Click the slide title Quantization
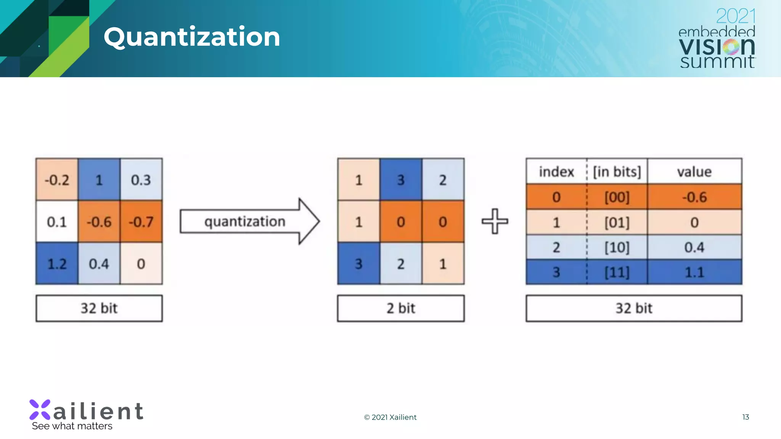point(192,37)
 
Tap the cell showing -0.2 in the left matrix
point(57,179)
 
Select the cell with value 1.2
point(57,264)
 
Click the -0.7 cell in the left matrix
point(141,221)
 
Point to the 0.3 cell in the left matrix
point(141,179)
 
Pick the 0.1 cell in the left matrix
point(57,221)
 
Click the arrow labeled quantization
point(250,221)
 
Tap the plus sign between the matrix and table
point(495,221)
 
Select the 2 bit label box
point(401,308)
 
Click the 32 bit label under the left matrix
point(99,308)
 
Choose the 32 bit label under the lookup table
point(634,308)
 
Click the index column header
point(556,172)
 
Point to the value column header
point(694,172)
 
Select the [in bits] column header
point(617,172)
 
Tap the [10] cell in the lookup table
point(617,247)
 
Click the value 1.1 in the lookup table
point(694,272)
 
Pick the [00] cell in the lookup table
point(617,197)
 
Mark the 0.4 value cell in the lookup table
point(694,247)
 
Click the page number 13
point(746,417)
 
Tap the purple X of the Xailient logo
point(40,410)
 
